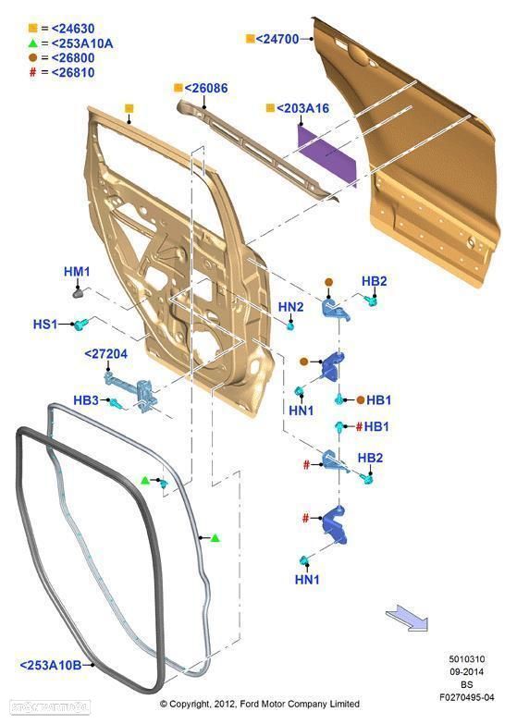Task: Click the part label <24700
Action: [x=277, y=39]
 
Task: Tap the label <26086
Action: [x=206, y=88]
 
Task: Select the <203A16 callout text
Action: [x=303, y=108]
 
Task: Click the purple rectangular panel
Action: [x=326, y=156]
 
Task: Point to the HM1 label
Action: [x=77, y=272]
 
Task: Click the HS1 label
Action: [x=45, y=325]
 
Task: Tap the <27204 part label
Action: [x=105, y=354]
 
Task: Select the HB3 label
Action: [x=86, y=399]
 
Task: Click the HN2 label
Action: [x=291, y=307]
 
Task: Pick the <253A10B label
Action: [x=50, y=666]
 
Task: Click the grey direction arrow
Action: [x=407, y=618]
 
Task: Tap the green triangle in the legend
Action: [x=32, y=43]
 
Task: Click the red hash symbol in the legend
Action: [x=32, y=72]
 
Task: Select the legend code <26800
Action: [x=73, y=57]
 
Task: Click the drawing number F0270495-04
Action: [x=467, y=697]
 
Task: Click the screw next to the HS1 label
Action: [x=80, y=325]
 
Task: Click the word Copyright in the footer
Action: [x=190, y=704]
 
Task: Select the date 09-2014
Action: [x=467, y=672]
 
